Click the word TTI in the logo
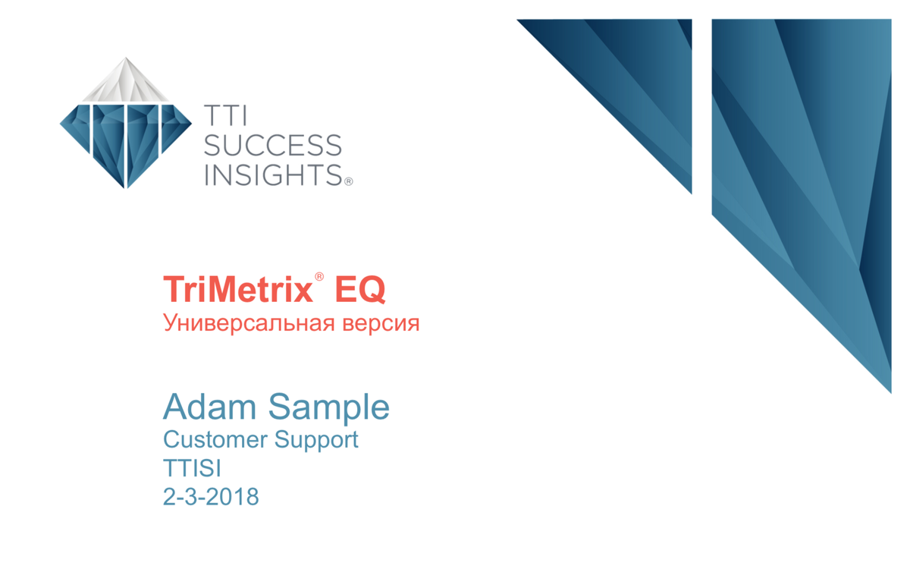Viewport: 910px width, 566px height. click(225, 115)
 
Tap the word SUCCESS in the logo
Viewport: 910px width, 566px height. click(272, 146)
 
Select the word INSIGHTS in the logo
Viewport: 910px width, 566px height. click(273, 175)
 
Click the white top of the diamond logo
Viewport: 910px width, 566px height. click(126, 80)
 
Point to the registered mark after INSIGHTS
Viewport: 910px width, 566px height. click(349, 181)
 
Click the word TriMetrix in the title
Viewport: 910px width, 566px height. click(238, 289)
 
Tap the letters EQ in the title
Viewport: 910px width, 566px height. click(360, 289)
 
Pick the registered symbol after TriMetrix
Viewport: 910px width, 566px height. click(319, 277)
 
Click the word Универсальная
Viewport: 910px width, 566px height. click(249, 323)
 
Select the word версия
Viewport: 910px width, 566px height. click(381, 324)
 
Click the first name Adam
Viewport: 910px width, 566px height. click(209, 407)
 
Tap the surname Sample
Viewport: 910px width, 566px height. click(329, 407)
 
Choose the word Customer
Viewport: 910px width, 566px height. click(215, 439)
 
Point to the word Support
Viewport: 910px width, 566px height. click(316, 441)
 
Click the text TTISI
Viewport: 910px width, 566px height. click(192, 468)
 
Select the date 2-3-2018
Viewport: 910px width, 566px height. click(211, 496)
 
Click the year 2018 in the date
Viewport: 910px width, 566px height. click(232, 496)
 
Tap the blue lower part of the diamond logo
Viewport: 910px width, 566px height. click(126, 138)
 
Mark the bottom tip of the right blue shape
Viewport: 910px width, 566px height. click(891, 393)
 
